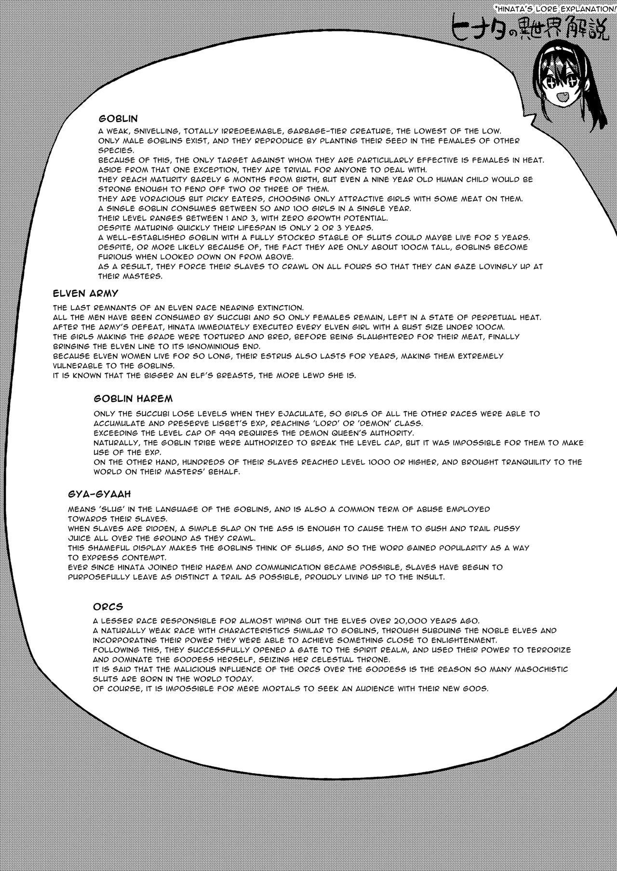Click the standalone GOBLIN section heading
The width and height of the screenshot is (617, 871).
tap(118, 118)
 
